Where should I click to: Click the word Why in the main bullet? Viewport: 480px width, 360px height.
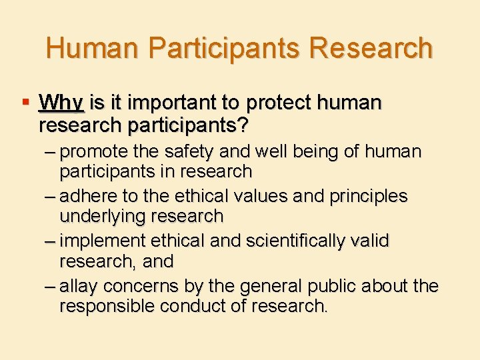pyautogui.click(x=61, y=103)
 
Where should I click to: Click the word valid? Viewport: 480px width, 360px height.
pyautogui.click(x=370, y=241)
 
